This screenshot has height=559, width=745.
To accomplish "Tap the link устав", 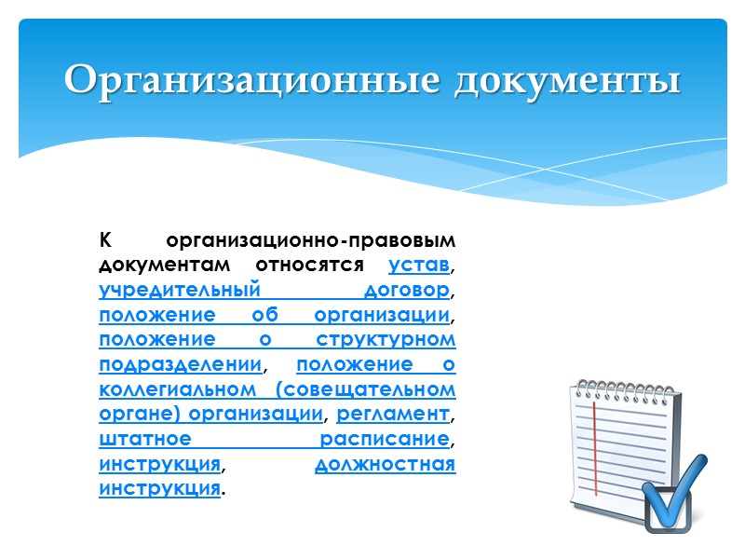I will (419, 266).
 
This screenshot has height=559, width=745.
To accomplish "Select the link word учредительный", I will (178, 290).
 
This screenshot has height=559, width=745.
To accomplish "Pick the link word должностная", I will (386, 463).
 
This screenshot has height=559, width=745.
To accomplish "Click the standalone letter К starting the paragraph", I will (105, 241).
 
